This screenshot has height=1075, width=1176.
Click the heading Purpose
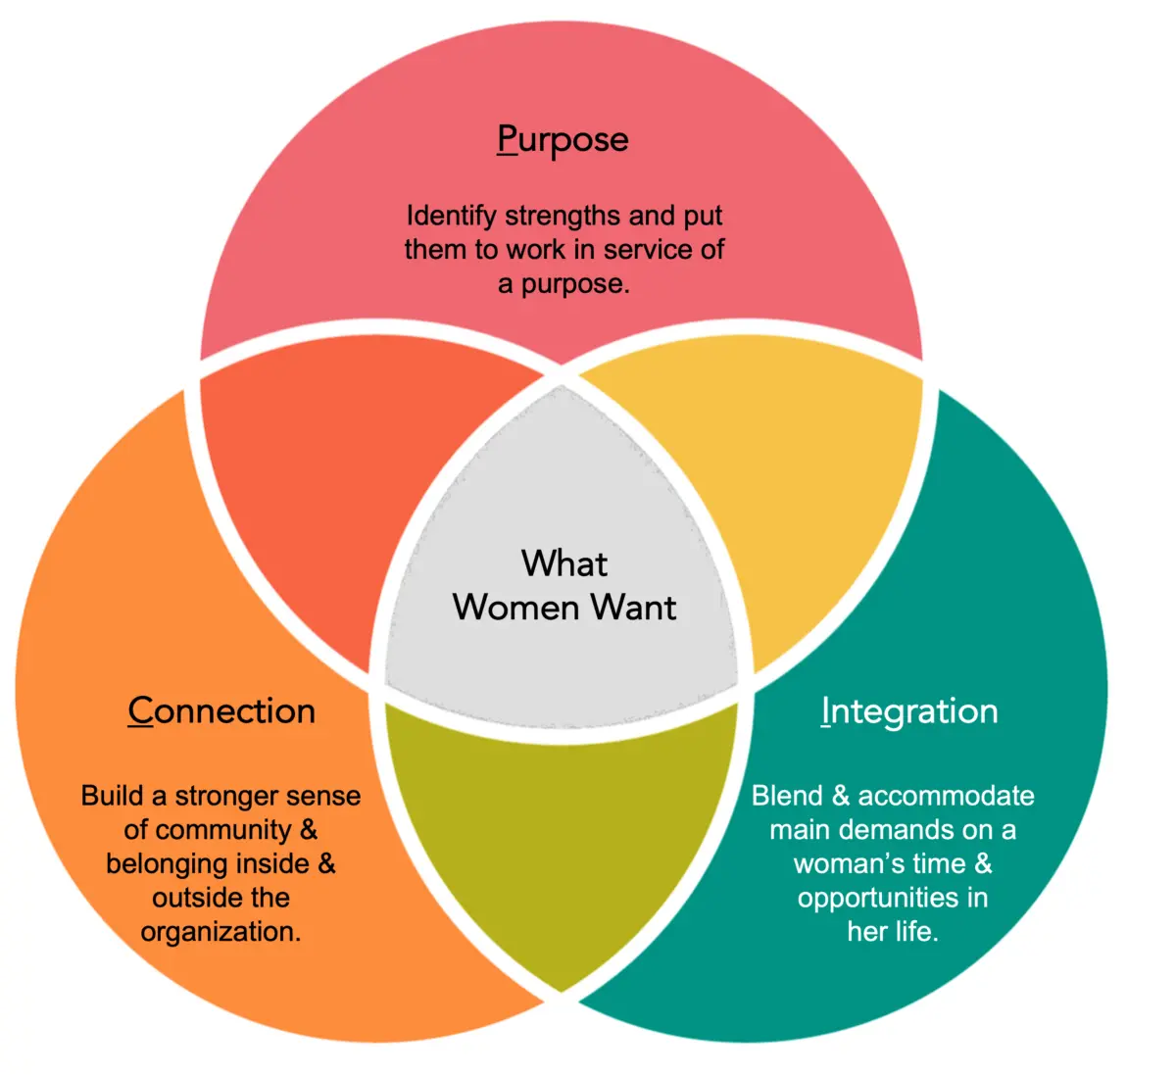tap(563, 139)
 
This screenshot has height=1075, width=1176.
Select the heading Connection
tap(221, 710)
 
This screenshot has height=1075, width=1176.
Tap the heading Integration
tap(909, 710)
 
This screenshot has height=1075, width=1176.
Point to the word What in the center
tap(564, 563)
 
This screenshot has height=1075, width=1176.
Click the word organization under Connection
tap(220, 932)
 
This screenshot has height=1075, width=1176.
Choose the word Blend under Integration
tap(786, 796)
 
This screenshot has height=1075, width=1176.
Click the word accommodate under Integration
tap(946, 796)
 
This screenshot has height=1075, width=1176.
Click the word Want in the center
tap(633, 608)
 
